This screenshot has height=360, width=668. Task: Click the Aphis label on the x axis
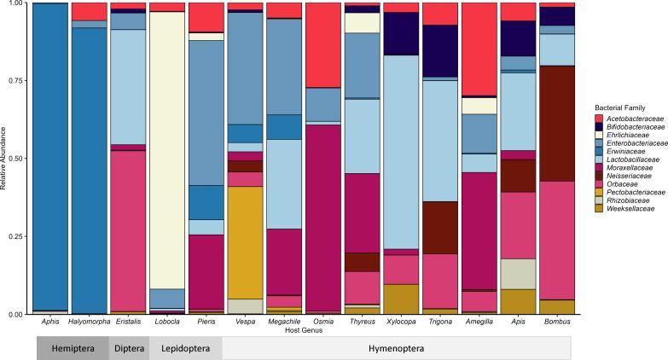(48, 322)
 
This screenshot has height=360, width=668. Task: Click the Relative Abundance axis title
(5, 158)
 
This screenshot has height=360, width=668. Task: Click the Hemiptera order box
(72, 349)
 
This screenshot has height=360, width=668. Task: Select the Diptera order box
(129, 349)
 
